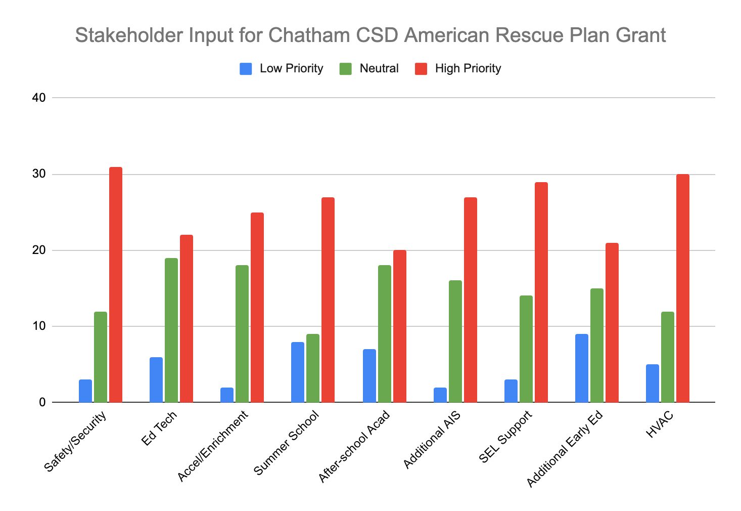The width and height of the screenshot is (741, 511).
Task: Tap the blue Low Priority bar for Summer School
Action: [298, 372]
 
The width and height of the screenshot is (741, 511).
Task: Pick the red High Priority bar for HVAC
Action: [683, 288]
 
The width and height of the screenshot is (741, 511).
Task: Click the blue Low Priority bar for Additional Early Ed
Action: [582, 368]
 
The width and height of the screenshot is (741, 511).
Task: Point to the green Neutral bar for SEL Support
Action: [526, 349]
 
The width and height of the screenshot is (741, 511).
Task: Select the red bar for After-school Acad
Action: [400, 326]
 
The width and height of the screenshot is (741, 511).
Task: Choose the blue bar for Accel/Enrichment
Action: [227, 395]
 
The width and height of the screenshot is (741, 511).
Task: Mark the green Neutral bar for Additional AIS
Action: [455, 342]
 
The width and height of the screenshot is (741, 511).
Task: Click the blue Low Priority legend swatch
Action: [246, 69]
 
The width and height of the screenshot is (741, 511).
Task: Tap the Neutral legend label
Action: [379, 68]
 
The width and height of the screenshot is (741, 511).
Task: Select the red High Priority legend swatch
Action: [421, 69]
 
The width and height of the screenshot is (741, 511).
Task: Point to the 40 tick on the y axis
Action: [39, 98]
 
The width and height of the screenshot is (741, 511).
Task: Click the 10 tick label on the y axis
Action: [39, 326]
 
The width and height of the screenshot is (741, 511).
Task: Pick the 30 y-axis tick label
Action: [39, 174]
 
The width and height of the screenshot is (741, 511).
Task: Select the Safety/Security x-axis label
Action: [76, 442]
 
